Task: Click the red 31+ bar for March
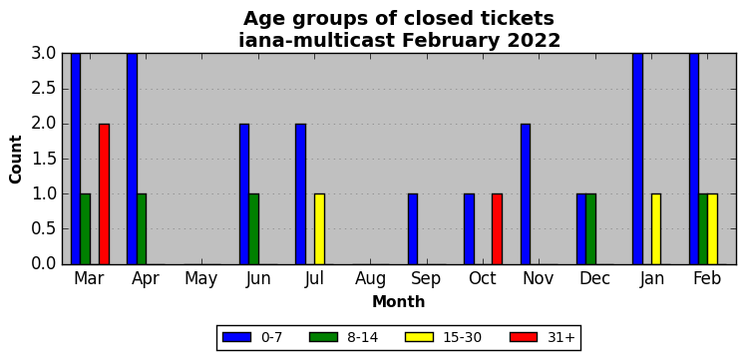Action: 104,193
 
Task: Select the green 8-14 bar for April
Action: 142,229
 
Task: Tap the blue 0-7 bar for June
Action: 244,193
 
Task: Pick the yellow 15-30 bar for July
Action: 319,229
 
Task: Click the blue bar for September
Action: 413,229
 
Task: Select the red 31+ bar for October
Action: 497,229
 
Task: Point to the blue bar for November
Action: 526,193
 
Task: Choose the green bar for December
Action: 591,229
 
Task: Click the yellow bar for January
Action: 656,229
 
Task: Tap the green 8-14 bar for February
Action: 703,229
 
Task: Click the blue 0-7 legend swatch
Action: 236,337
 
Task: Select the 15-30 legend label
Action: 463,338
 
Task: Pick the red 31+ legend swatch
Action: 524,337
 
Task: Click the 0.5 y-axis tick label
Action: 45,229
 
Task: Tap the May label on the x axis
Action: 201,279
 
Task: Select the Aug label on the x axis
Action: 371,279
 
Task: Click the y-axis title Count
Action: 16,160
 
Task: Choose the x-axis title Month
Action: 399,301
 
